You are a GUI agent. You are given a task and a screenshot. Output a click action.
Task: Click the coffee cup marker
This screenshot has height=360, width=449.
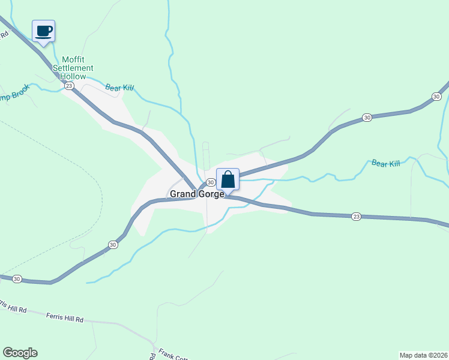(x=43, y=31)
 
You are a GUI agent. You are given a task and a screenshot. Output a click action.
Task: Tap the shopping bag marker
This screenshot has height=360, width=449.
(x=228, y=179)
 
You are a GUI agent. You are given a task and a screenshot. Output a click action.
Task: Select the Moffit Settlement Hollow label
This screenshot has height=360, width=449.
(x=77, y=68)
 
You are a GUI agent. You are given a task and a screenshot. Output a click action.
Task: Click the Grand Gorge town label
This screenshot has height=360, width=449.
(x=197, y=194)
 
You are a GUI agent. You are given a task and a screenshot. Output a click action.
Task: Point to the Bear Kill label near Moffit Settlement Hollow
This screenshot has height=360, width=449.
(x=119, y=88)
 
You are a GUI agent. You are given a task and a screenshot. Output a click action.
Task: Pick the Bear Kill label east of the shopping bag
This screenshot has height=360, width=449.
(x=385, y=163)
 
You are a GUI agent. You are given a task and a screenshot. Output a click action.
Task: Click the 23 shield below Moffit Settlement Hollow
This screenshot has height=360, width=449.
(x=69, y=86)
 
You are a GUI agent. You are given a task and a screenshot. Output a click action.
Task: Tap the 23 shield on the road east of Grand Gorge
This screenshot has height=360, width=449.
(x=356, y=216)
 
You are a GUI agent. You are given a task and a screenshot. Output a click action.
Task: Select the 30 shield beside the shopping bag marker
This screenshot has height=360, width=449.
(x=211, y=182)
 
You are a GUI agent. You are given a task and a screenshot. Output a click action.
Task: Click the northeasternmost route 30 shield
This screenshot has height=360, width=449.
(x=436, y=97)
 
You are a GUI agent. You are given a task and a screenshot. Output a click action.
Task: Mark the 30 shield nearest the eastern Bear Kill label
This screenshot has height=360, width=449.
(x=366, y=118)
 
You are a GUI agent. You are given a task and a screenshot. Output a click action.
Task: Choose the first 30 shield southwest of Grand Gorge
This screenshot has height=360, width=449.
(x=113, y=244)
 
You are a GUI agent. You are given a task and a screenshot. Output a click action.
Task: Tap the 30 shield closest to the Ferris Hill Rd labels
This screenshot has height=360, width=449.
(x=17, y=279)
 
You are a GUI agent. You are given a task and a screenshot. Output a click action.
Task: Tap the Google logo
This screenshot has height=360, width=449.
(x=20, y=353)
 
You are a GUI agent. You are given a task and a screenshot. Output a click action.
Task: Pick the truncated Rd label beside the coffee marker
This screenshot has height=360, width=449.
(x=5, y=34)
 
